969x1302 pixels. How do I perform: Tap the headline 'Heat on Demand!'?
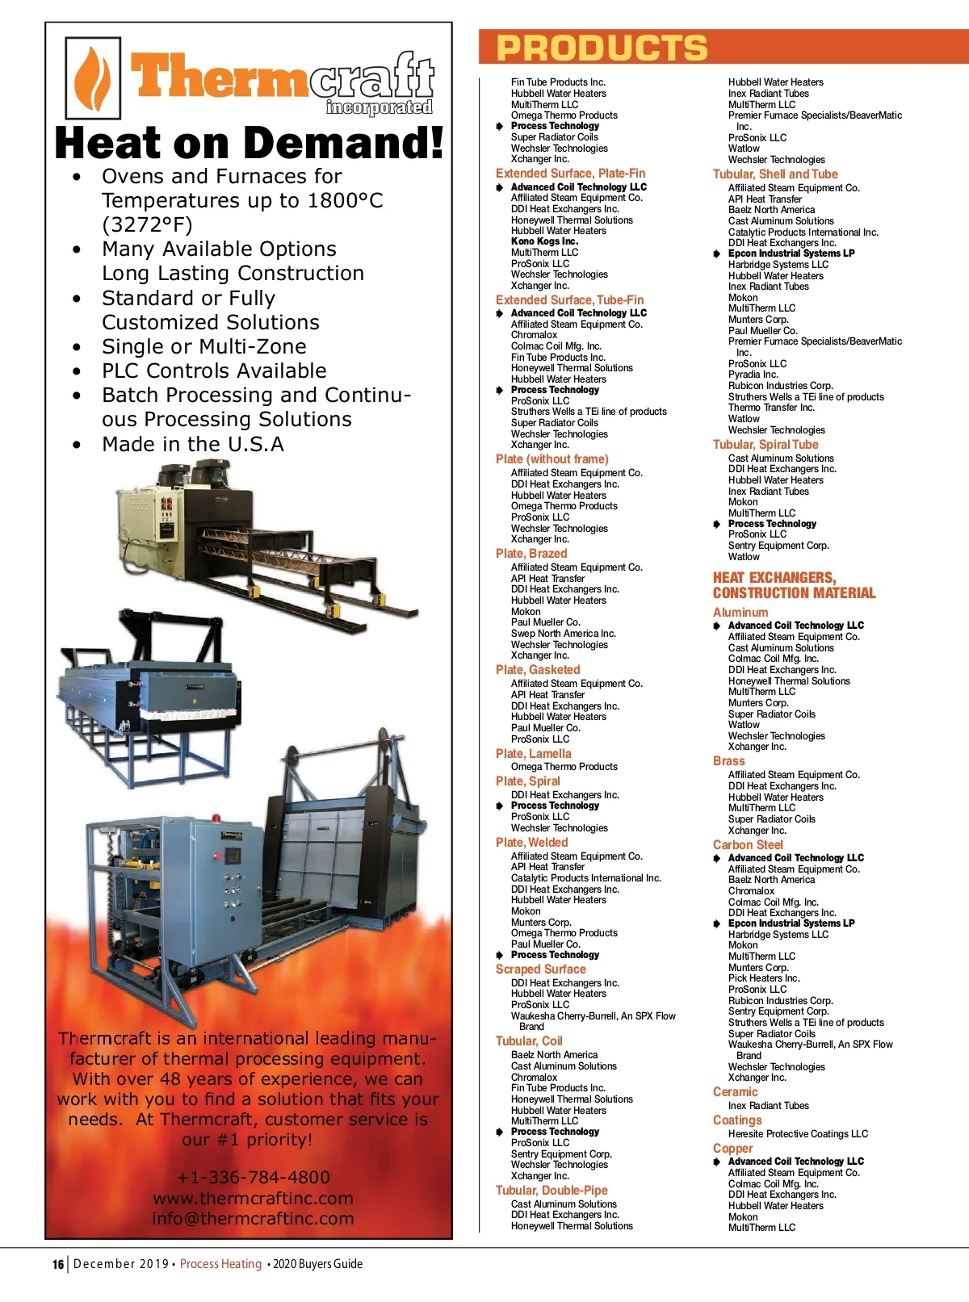[x=249, y=143]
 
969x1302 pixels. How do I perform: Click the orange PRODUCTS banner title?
[x=602, y=48]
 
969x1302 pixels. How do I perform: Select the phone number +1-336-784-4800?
[x=253, y=1177]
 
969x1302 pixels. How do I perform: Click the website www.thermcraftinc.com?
[x=253, y=1198]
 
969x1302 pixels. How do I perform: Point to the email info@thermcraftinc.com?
[x=253, y=1219]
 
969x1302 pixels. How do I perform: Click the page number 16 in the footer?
[x=57, y=1265]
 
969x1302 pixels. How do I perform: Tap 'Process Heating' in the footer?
[x=220, y=1264]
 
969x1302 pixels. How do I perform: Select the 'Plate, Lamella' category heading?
[x=533, y=754]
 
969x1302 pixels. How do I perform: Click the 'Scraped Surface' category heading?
[x=540, y=969]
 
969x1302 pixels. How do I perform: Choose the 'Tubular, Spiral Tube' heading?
[x=765, y=445]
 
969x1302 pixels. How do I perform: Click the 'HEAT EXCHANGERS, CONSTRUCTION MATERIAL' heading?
[x=793, y=585]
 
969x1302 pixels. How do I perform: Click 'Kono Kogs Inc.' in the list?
[x=544, y=241]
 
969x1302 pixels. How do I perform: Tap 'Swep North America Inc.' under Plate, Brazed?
[x=563, y=634]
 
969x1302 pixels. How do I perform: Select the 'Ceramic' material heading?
[x=735, y=1092]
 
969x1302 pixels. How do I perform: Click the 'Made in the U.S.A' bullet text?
[x=192, y=445]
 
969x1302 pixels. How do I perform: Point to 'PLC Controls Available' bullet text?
[x=214, y=371]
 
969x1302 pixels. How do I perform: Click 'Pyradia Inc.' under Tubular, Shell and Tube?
[x=753, y=375]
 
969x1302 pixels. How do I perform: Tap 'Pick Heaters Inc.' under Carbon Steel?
[x=764, y=978]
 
